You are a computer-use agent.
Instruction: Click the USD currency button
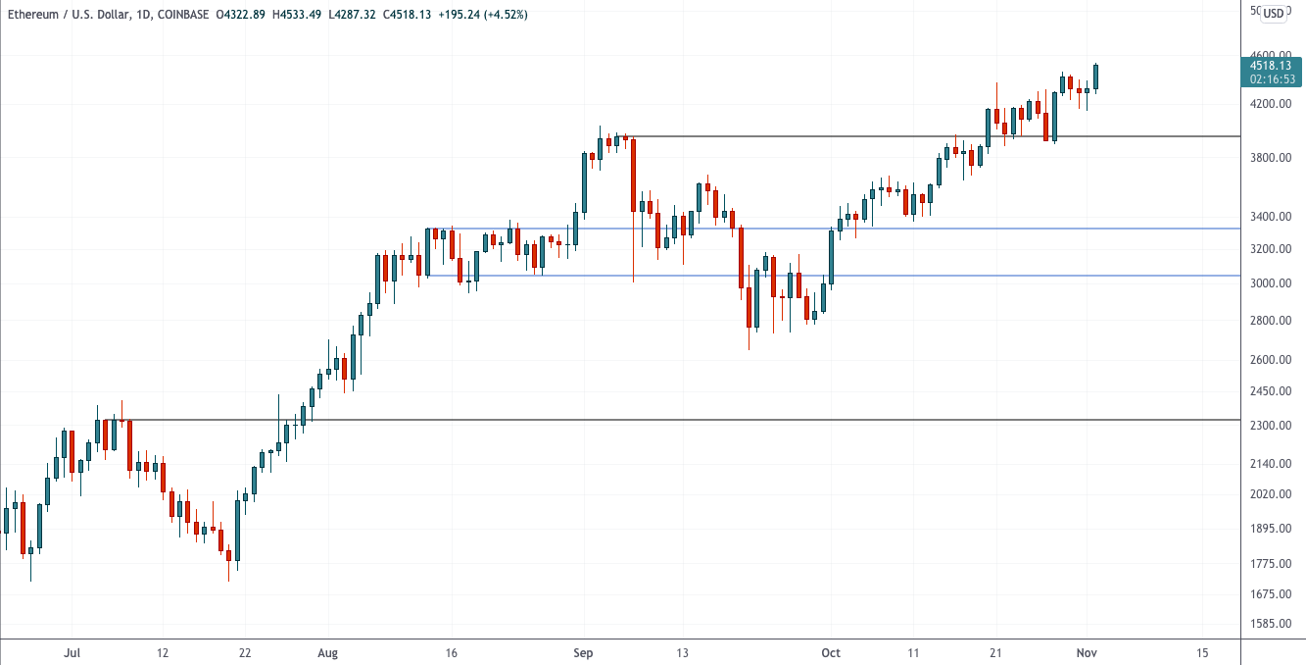point(1273,13)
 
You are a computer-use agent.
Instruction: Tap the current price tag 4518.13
point(1271,66)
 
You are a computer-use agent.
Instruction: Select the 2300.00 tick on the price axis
point(1270,426)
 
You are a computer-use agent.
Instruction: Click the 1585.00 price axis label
point(1270,624)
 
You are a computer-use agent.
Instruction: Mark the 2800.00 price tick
point(1270,321)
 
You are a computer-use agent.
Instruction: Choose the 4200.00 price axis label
point(1270,103)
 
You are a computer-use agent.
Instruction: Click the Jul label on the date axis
point(71,652)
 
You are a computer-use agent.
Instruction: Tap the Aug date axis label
point(328,652)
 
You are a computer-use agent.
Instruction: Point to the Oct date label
point(831,652)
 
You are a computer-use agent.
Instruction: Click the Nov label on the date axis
point(1086,652)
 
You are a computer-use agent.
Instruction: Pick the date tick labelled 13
point(682,652)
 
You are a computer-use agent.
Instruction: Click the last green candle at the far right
point(1096,77)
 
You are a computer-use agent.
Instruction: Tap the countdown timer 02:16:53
point(1271,79)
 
